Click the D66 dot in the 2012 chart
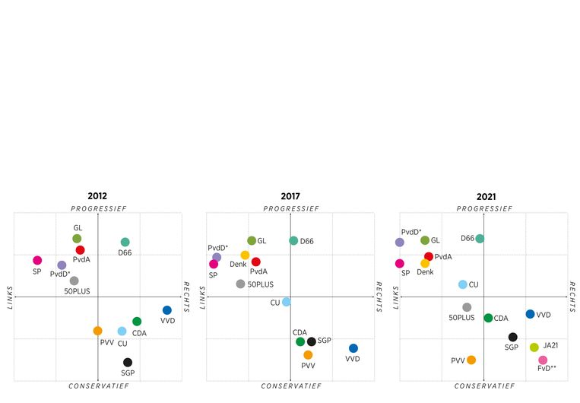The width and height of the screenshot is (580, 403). point(125,243)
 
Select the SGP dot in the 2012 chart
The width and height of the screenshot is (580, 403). point(128,363)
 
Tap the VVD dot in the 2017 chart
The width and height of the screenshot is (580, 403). point(353,348)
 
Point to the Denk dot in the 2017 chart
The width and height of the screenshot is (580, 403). point(245,255)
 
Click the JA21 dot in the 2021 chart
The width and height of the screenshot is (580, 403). point(534,347)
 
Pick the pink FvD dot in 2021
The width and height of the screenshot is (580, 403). point(543,360)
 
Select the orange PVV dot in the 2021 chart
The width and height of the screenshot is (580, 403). point(471,360)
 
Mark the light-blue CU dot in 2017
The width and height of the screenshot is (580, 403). point(287,302)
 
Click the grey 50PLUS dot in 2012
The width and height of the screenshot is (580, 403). point(74,281)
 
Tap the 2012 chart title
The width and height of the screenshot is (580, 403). point(97,196)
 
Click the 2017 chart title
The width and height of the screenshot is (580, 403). point(290,196)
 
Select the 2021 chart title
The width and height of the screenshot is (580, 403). point(484,196)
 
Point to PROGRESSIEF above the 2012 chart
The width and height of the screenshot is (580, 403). point(98,208)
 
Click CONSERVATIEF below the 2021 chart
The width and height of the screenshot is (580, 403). point(483,386)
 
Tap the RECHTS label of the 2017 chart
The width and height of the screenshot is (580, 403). point(380,297)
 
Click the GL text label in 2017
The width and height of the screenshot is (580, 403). point(261,241)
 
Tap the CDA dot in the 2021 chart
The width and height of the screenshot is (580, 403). point(488,318)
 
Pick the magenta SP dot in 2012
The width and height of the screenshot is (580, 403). point(37,260)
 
